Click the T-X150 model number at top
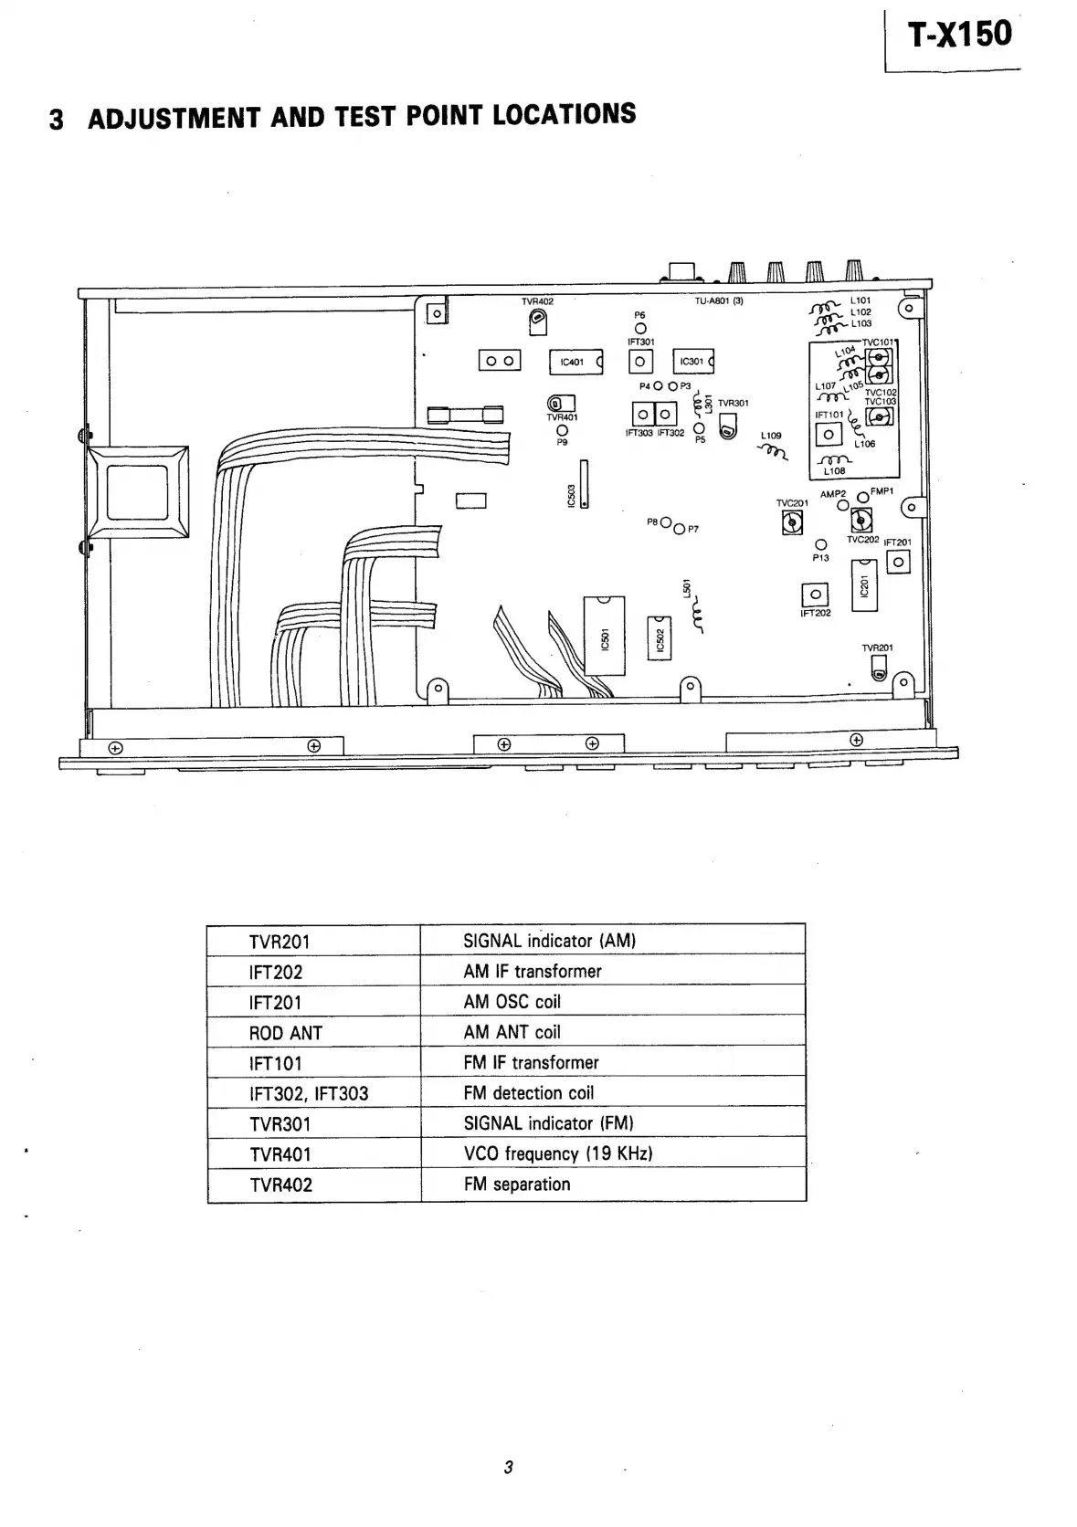click(x=959, y=35)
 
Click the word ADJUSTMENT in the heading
click(x=174, y=119)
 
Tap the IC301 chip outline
click(x=693, y=362)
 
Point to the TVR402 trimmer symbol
click(x=538, y=319)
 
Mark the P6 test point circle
click(x=640, y=329)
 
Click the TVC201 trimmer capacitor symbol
click(x=792, y=521)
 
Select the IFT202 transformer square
click(x=815, y=595)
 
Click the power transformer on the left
click(x=138, y=491)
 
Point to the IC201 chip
click(x=864, y=585)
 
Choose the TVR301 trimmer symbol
click(x=728, y=427)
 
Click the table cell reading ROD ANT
click(x=286, y=1033)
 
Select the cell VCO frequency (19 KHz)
click(x=558, y=1153)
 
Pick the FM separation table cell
click(x=517, y=1185)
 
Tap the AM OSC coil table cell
click(x=512, y=1002)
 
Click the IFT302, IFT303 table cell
click(x=309, y=1094)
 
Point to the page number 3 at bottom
click(x=509, y=1468)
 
